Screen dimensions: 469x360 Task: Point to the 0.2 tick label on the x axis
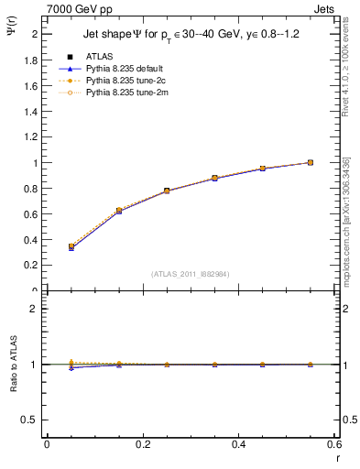point(143,445)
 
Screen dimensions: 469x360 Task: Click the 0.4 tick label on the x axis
point(239,445)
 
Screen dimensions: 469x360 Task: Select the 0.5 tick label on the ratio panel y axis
point(34,420)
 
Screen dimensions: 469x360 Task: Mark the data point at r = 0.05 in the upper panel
point(71,246)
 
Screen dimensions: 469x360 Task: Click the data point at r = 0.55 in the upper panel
point(311,162)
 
